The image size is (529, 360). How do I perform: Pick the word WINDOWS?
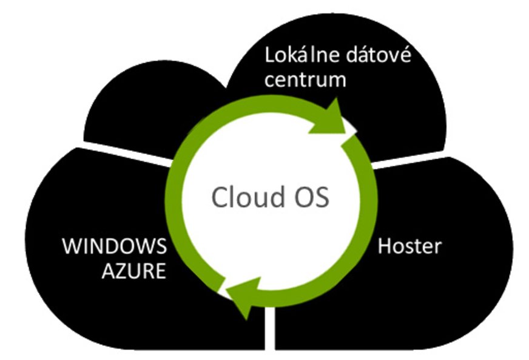point(115,248)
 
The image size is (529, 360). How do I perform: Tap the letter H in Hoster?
point(384,247)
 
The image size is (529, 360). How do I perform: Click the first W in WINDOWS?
point(72,248)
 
